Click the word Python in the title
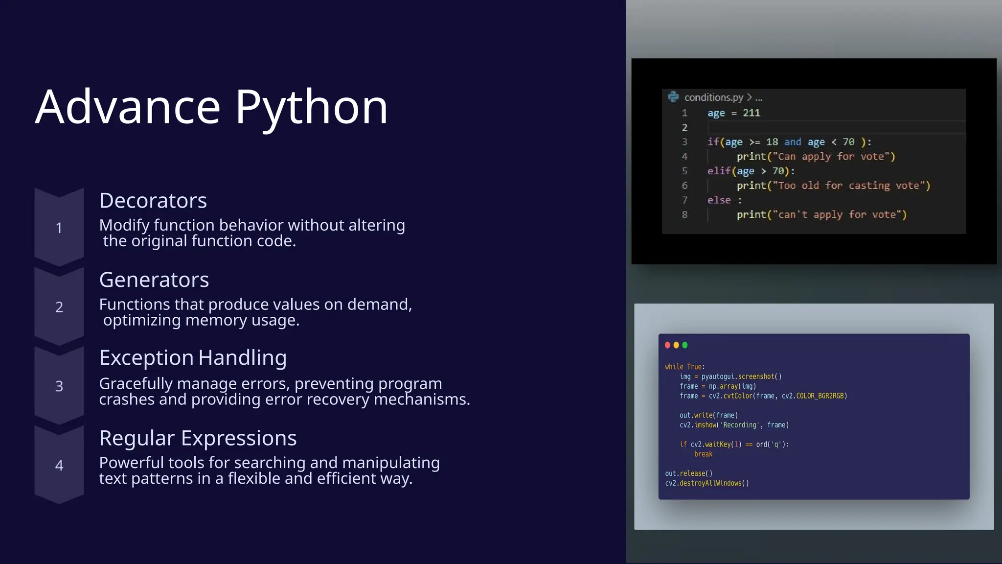coord(312,107)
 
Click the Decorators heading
coord(153,200)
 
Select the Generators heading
coord(154,280)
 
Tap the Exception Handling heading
coord(193,357)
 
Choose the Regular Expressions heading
coord(198,438)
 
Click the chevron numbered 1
coord(59,228)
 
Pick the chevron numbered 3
coord(59,386)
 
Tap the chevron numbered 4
coord(59,465)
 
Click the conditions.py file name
coord(713,97)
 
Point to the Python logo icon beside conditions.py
coord(673,97)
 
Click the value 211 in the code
coord(751,113)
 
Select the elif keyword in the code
coord(719,171)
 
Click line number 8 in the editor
coord(684,214)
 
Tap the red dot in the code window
coord(667,345)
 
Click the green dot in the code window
coord(685,345)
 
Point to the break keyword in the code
coord(703,454)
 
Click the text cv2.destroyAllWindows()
coord(706,483)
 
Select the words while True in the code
coord(683,367)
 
